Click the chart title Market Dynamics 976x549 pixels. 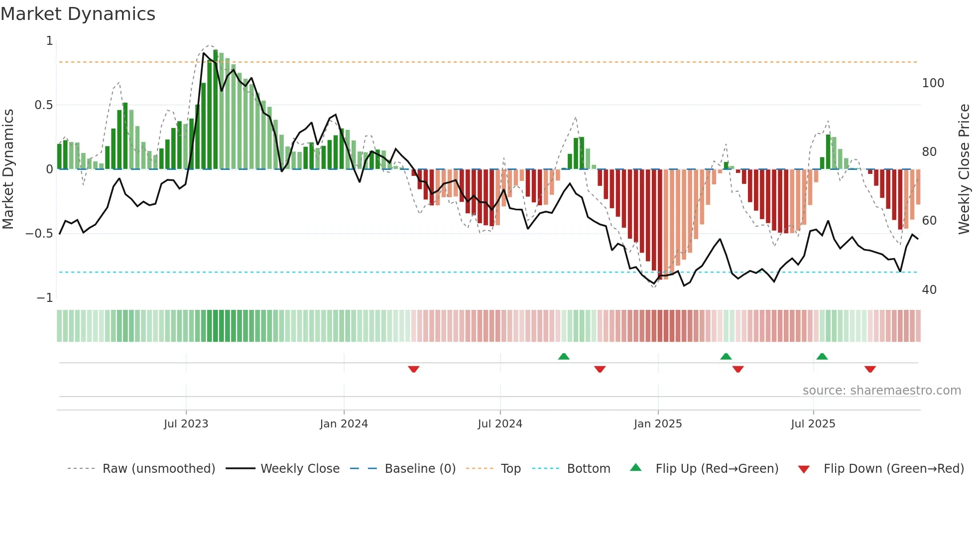[78, 14]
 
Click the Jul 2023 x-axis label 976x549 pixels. [186, 424]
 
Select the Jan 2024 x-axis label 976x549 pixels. [344, 424]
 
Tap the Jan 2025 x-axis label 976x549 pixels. [658, 424]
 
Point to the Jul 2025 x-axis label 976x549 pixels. [813, 424]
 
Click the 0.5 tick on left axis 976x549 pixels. [43, 105]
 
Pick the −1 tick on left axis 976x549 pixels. [44, 298]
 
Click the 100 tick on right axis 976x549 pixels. [933, 83]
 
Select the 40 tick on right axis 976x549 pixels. [929, 290]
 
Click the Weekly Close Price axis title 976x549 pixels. [964, 169]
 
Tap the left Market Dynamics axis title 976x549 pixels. [8, 169]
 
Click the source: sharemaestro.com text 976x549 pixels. [881, 391]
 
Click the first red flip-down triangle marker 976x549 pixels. [413, 369]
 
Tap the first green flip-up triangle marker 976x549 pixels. [564, 357]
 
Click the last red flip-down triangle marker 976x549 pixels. [870, 369]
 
